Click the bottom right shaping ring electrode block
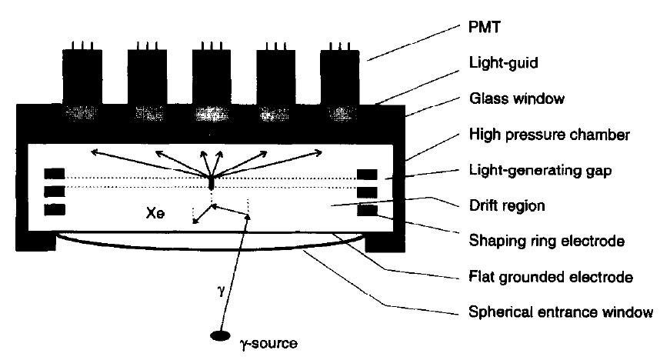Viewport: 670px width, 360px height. coord(368,208)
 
